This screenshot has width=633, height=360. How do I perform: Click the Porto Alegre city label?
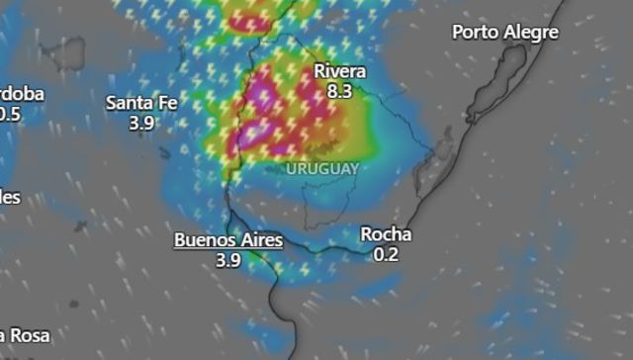pyautogui.click(x=505, y=33)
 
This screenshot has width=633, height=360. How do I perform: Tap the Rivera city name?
pyautogui.click(x=339, y=71)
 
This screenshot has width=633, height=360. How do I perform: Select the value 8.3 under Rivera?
pyautogui.click(x=339, y=90)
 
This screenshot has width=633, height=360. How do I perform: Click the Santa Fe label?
pyautogui.click(x=142, y=102)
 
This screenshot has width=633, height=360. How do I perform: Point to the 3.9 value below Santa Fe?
pyautogui.click(x=142, y=123)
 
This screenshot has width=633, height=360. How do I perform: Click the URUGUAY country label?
pyautogui.click(x=322, y=169)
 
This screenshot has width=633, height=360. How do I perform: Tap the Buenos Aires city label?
pyautogui.click(x=228, y=240)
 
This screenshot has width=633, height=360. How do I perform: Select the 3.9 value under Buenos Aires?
pyautogui.click(x=228, y=260)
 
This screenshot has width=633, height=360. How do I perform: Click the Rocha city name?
pyautogui.click(x=386, y=235)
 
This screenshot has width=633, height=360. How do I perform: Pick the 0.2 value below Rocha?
pyautogui.click(x=386, y=254)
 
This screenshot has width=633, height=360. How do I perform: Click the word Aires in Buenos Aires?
pyautogui.click(x=260, y=240)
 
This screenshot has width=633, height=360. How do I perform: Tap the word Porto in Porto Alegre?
pyautogui.click(x=475, y=33)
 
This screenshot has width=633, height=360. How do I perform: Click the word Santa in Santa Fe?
pyautogui.click(x=131, y=102)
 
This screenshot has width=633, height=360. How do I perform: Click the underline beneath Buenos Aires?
pyautogui.click(x=228, y=251)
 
